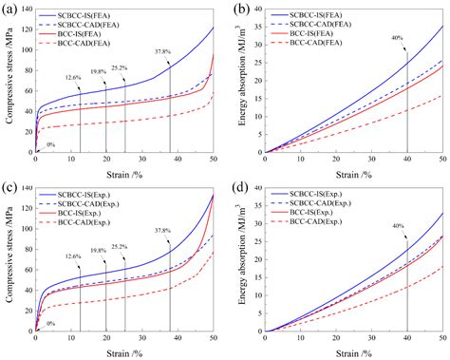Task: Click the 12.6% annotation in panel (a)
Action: tap(74, 78)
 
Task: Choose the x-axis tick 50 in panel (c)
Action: tap(213, 340)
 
